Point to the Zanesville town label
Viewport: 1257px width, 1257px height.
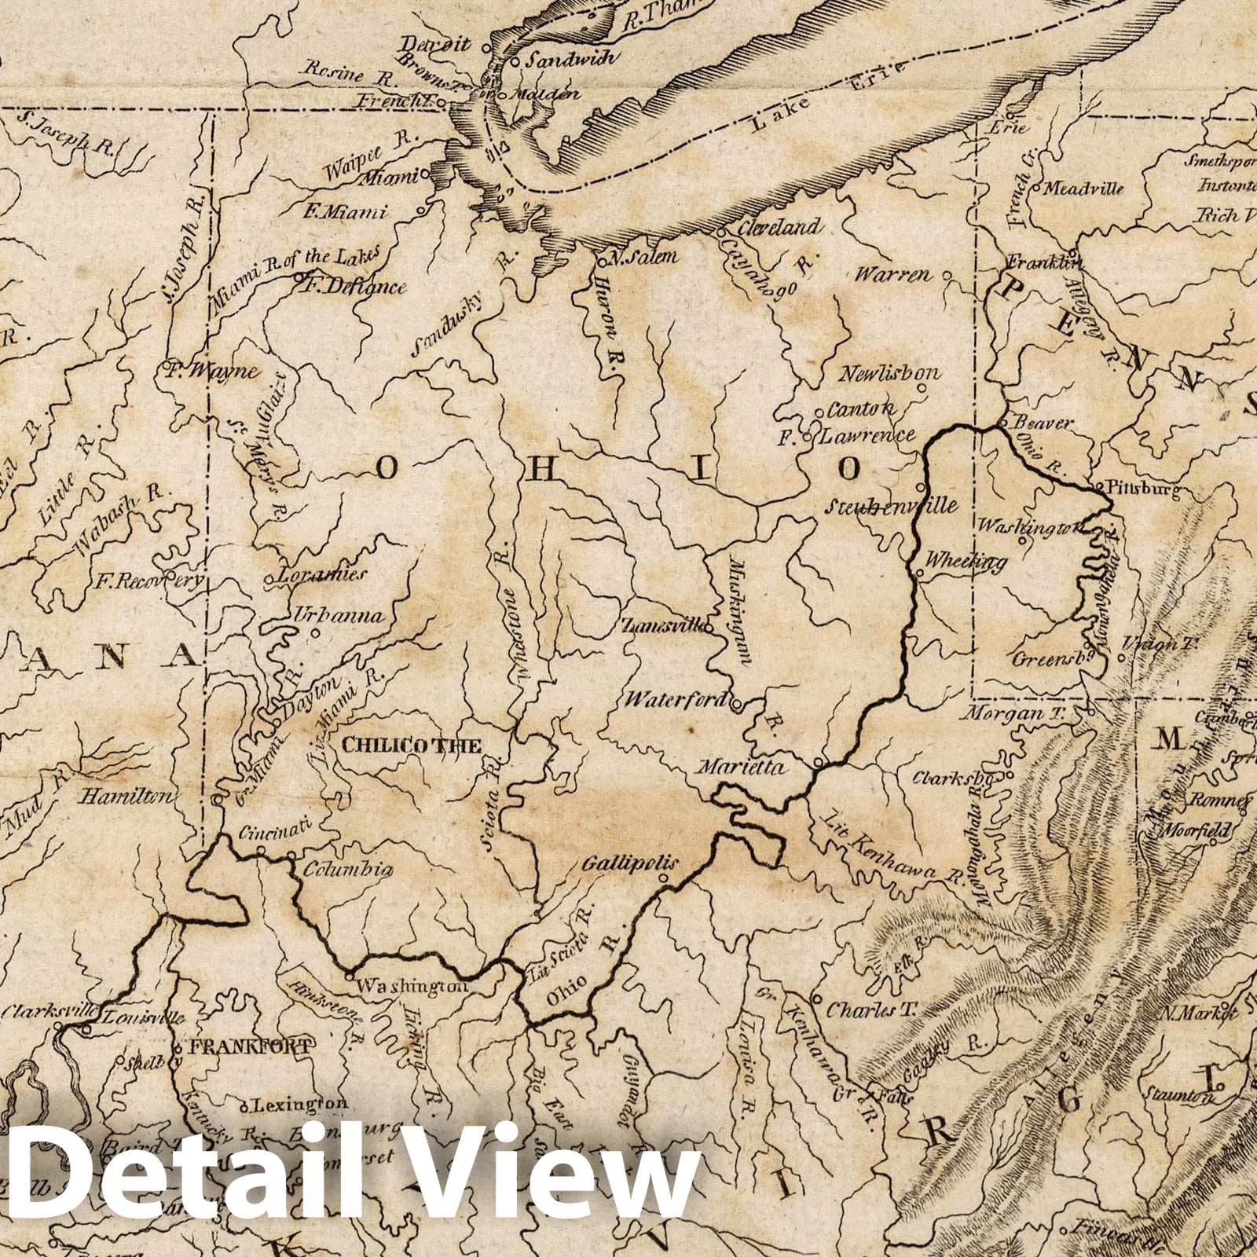(x=661, y=626)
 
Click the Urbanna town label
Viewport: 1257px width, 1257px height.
(x=339, y=615)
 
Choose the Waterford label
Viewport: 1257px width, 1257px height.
(x=676, y=699)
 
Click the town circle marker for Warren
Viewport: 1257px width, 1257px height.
(x=948, y=277)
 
